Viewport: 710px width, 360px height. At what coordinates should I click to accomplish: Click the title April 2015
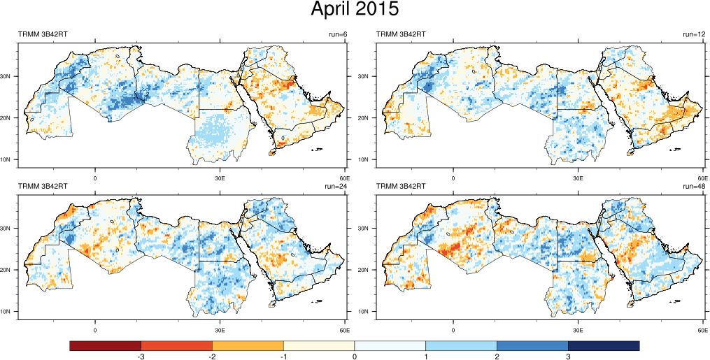click(355, 10)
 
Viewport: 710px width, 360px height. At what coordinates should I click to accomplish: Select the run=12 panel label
click(694, 34)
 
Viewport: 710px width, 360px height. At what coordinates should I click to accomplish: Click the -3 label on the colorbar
click(141, 357)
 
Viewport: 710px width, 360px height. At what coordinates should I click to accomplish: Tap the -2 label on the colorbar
click(213, 357)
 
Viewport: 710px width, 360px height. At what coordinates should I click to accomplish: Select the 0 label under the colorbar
click(355, 357)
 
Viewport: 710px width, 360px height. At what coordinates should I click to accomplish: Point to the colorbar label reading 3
click(568, 357)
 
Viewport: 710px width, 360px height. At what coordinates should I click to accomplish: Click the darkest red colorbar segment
click(106, 346)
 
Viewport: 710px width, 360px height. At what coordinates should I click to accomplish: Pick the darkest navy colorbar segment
click(604, 346)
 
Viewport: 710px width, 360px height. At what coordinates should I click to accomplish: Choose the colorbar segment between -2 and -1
click(248, 346)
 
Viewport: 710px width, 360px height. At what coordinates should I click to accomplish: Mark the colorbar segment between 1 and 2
click(461, 346)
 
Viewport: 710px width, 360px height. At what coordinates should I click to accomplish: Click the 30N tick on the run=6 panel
click(10, 76)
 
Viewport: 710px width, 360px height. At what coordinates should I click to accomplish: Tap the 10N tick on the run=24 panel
click(10, 312)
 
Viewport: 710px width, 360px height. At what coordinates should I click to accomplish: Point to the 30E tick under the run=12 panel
click(578, 178)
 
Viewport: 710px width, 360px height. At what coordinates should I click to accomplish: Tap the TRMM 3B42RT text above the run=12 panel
click(402, 34)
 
